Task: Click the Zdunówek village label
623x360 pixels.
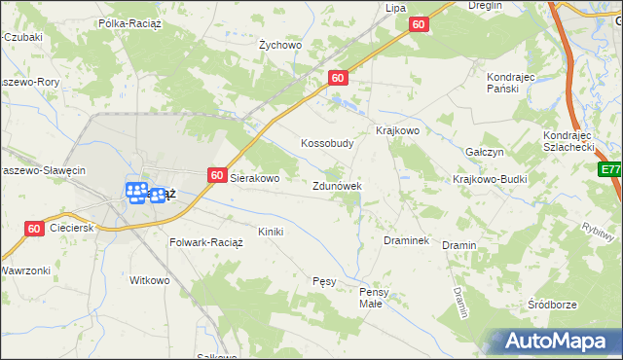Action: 337,186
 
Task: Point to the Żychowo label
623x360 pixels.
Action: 280,45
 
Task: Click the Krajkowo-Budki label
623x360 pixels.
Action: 490,180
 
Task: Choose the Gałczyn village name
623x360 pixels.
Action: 484,153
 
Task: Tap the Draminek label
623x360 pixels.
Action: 407,240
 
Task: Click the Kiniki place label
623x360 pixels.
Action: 270,232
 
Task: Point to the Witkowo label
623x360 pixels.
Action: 150,280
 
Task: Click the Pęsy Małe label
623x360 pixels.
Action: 374,297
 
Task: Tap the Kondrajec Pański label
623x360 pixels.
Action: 511,82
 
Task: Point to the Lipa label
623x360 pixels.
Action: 395,8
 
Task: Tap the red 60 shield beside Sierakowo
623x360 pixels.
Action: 217,175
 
